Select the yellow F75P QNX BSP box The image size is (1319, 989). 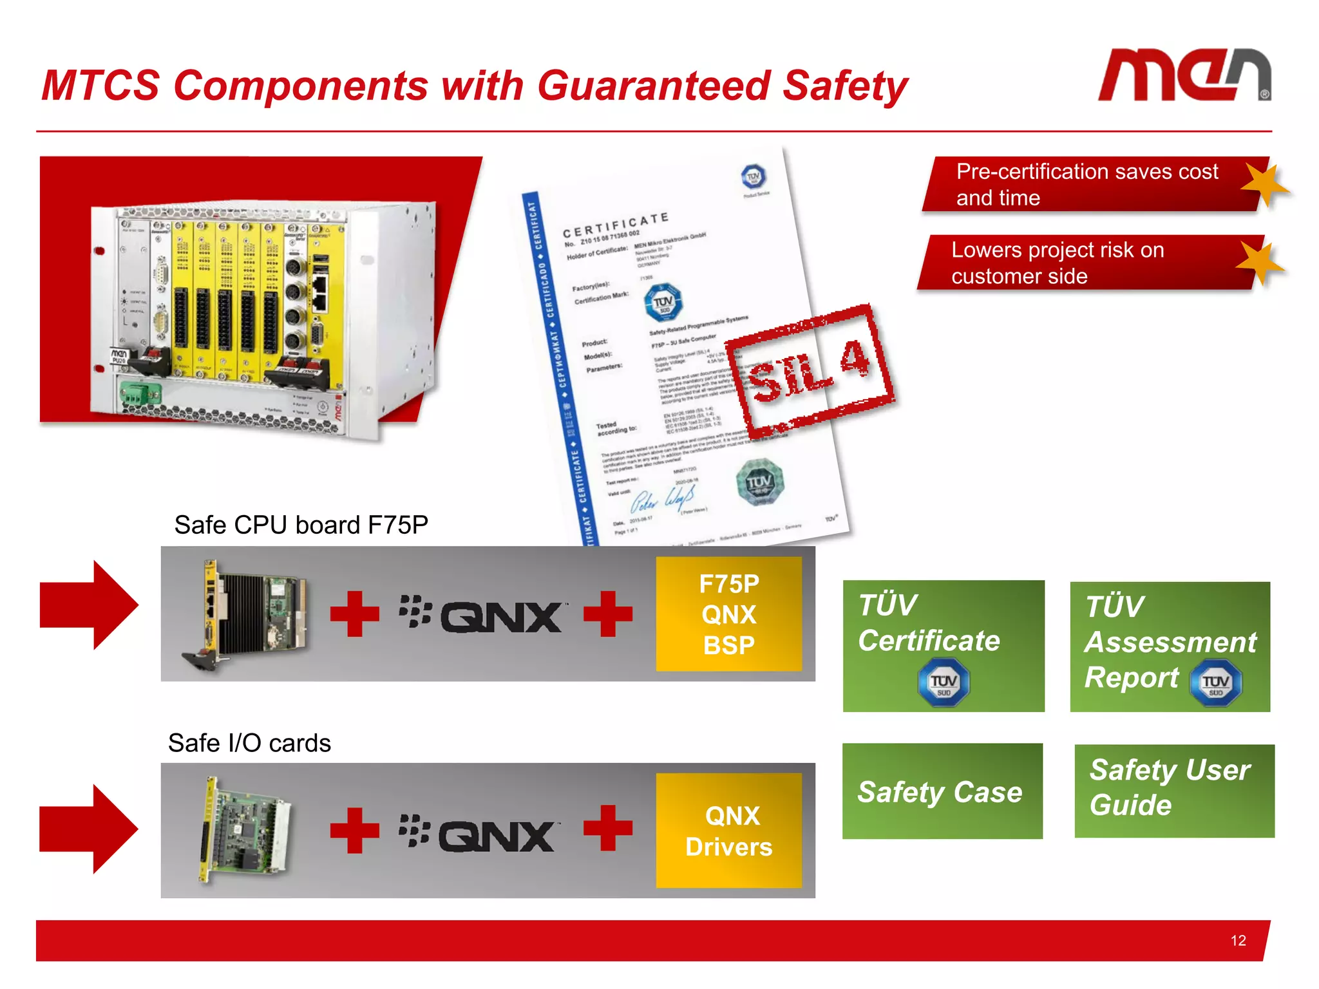(728, 614)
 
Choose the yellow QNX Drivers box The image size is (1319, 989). (728, 831)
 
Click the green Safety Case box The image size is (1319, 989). (942, 791)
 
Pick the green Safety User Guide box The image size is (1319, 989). (1173, 790)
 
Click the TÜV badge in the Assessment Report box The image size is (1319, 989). (1215, 683)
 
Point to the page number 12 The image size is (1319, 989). (1238, 941)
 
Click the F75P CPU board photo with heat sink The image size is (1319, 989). (248, 615)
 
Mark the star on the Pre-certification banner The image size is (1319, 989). (1264, 185)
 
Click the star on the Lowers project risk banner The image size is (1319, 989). (1260, 261)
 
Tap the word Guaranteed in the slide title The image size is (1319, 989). (654, 86)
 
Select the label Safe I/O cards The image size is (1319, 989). (249, 743)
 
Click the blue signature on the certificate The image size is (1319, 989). (662, 498)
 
